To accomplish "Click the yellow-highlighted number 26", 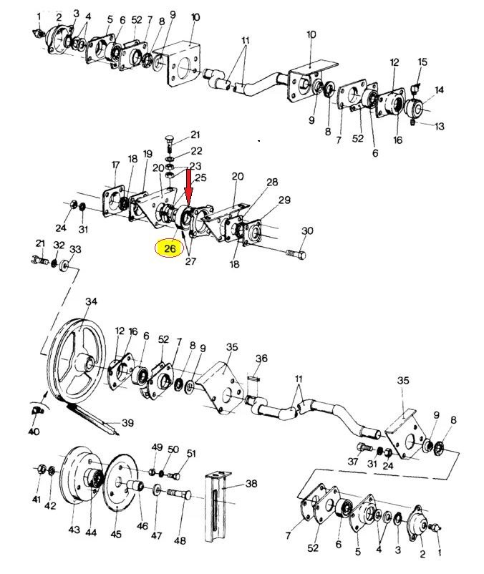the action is pyautogui.click(x=170, y=249).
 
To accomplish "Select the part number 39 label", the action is pyautogui.click(x=127, y=423).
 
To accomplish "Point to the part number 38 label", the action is pyautogui.click(x=251, y=484).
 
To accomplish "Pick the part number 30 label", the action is pyautogui.click(x=308, y=231).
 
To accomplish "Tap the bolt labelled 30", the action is pyautogui.click(x=295, y=253).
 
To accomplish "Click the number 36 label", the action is pyautogui.click(x=261, y=359).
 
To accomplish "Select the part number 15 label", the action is pyautogui.click(x=422, y=62).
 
